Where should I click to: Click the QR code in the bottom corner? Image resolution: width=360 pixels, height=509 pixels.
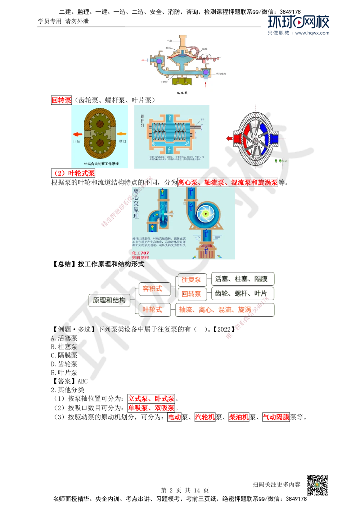point(316,485)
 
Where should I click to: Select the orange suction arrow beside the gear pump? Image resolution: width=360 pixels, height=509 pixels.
point(122,134)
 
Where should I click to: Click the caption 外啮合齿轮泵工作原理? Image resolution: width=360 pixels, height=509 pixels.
point(101,163)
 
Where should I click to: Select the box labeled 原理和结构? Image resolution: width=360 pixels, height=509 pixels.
point(109,300)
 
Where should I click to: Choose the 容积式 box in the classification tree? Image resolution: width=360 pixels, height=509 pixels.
point(153,289)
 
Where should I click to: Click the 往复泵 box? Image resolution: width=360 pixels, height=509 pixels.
point(191,279)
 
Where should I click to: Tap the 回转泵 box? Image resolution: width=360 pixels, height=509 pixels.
point(191,294)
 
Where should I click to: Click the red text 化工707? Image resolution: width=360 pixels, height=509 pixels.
point(140,253)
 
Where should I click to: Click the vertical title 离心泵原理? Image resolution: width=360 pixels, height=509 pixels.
point(136,204)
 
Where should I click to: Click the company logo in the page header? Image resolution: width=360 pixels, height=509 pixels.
point(299,25)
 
